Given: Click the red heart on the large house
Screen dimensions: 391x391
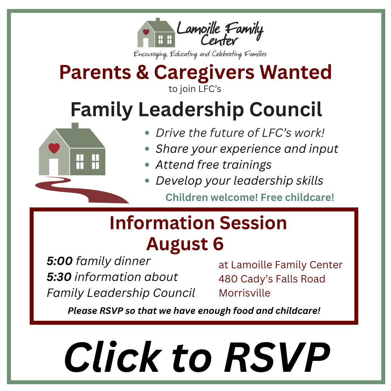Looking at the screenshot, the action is [x=54, y=148].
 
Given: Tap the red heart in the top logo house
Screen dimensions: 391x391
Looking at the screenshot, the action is [x=146, y=32].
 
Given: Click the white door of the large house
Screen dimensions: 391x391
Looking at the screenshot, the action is [x=54, y=167].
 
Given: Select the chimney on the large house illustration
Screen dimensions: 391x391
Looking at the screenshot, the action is [x=75, y=126].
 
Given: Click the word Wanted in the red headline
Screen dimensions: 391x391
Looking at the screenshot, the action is [x=296, y=72].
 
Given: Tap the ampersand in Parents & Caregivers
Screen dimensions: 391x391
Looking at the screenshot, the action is [x=142, y=72].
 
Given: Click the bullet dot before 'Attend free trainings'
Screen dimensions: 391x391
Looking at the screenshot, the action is [x=147, y=165].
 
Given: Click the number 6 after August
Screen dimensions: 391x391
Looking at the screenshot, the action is [x=218, y=244].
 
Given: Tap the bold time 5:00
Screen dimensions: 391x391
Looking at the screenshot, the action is [x=60, y=261].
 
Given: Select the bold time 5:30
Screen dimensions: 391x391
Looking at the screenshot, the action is [x=59, y=277].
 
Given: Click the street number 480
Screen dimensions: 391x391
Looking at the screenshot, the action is [x=228, y=279].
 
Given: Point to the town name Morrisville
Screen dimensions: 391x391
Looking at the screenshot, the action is [x=244, y=293].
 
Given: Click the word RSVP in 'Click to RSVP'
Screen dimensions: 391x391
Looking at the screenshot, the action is [x=277, y=357].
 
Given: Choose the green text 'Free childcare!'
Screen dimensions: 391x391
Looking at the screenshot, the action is [x=297, y=198].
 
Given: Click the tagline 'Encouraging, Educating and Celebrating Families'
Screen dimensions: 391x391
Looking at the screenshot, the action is [x=200, y=54].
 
